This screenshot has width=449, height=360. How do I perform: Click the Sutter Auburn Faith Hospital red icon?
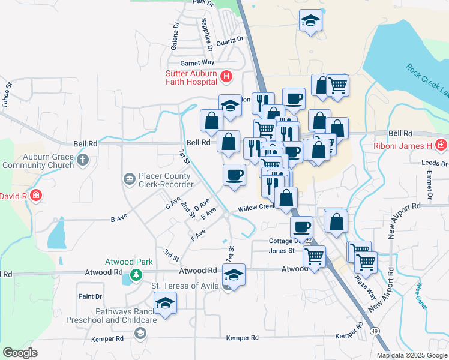tap(226, 76)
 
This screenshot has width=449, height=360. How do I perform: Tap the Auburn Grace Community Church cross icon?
tap(83, 160)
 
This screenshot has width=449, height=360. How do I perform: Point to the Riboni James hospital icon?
tap(441, 145)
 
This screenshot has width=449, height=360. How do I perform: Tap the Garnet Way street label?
tap(197, 62)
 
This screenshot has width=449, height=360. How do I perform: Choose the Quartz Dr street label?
tap(231, 41)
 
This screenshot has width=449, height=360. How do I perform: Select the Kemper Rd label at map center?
tap(242, 338)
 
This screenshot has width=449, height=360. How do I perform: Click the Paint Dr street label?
tap(90, 296)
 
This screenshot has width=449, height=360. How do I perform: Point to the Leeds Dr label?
tap(435, 163)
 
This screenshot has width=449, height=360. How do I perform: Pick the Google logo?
tap(20, 353)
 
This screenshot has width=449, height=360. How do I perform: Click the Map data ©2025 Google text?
tap(411, 355)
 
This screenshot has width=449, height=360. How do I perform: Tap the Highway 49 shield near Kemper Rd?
tap(375, 331)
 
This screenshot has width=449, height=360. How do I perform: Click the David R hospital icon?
tap(36, 196)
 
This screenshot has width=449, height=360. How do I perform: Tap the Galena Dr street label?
tap(175, 36)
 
